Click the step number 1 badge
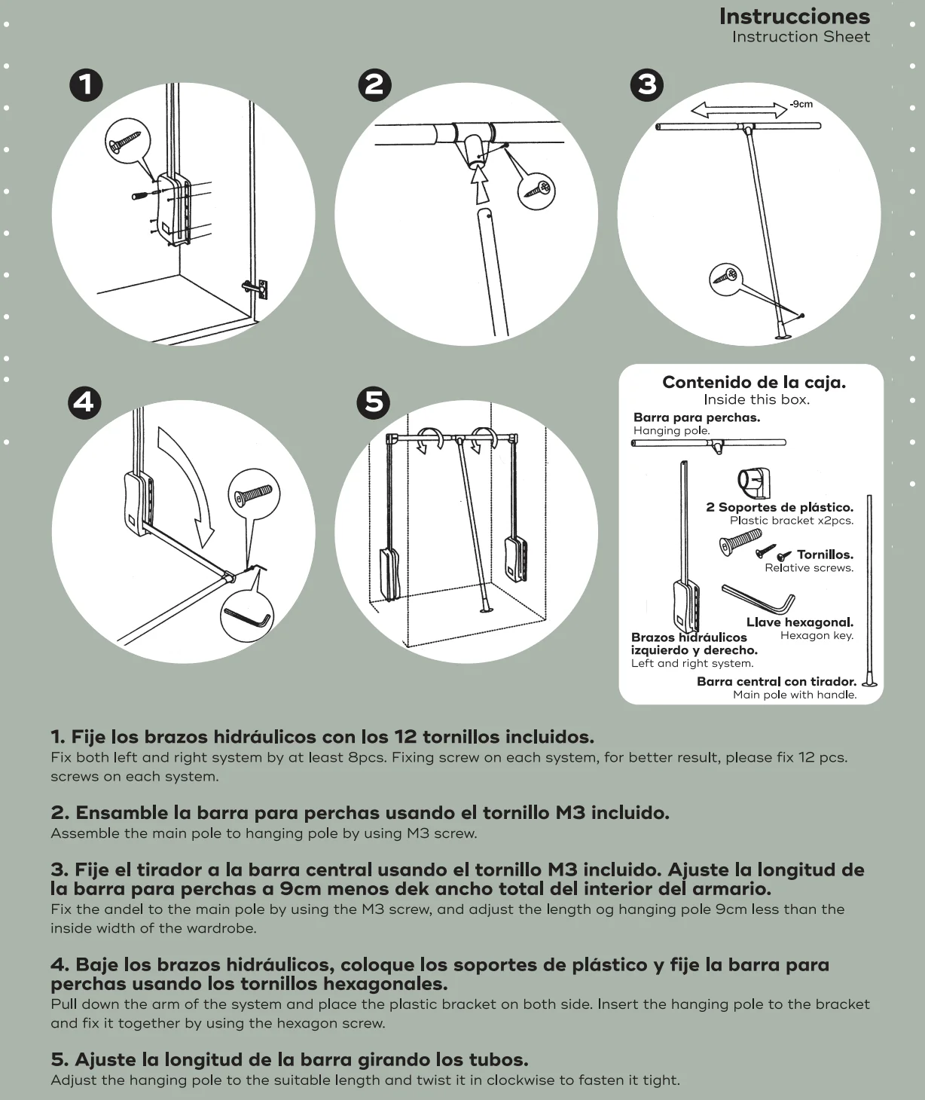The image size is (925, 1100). [x=86, y=85]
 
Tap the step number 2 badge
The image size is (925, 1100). [x=374, y=85]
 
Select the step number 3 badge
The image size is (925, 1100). [x=647, y=85]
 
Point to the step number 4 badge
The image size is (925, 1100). [x=84, y=403]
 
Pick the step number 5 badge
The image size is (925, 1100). [x=374, y=403]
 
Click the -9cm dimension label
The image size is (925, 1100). [x=801, y=104]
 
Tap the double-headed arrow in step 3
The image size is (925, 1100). [x=739, y=110]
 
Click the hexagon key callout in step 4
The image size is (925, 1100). [x=248, y=616]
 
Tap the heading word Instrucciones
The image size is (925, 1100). [x=795, y=17]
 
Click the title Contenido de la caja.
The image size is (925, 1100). [x=754, y=382]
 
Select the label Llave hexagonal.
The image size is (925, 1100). [x=800, y=622]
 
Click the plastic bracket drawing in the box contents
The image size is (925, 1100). [x=753, y=483]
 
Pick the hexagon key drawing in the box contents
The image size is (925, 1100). [x=759, y=599]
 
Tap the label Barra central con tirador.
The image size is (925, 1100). [x=777, y=681]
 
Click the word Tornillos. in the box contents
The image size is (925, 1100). [x=825, y=555]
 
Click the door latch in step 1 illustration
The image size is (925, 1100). [x=256, y=289]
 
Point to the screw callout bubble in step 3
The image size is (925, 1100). [x=725, y=278]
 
